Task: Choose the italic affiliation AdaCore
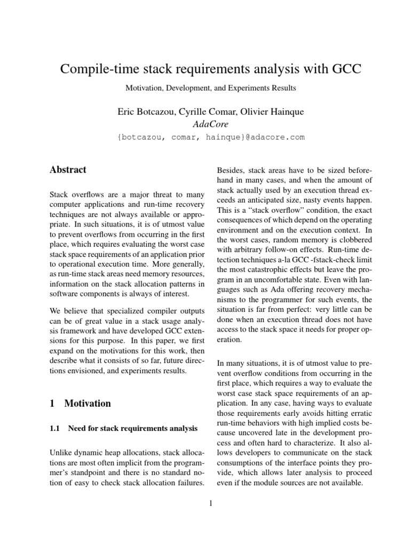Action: pyautogui.click(x=210, y=124)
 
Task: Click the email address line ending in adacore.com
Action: pyautogui.click(x=210, y=137)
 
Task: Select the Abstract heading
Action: pyautogui.click(x=68, y=170)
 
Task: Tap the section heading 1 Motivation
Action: pyautogui.click(x=80, y=403)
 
